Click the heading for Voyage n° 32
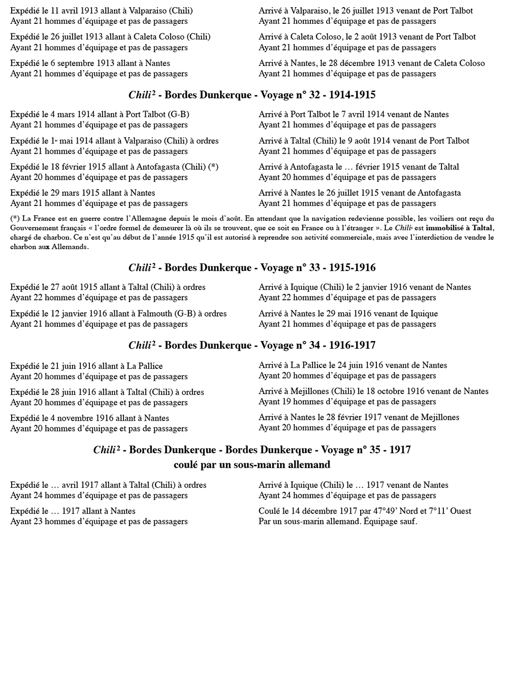252,95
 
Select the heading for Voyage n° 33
252,267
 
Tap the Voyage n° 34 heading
252,345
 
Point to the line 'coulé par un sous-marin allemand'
252,464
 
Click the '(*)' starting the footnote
15,218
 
